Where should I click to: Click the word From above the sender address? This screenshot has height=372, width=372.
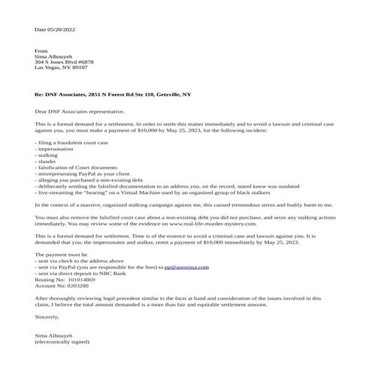tap(41, 51)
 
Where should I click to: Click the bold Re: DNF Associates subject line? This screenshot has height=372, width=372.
tap(113, 96)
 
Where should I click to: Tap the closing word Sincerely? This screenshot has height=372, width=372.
tap(47, 317)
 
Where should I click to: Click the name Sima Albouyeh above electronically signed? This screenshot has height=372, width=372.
tap(56, 336)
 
